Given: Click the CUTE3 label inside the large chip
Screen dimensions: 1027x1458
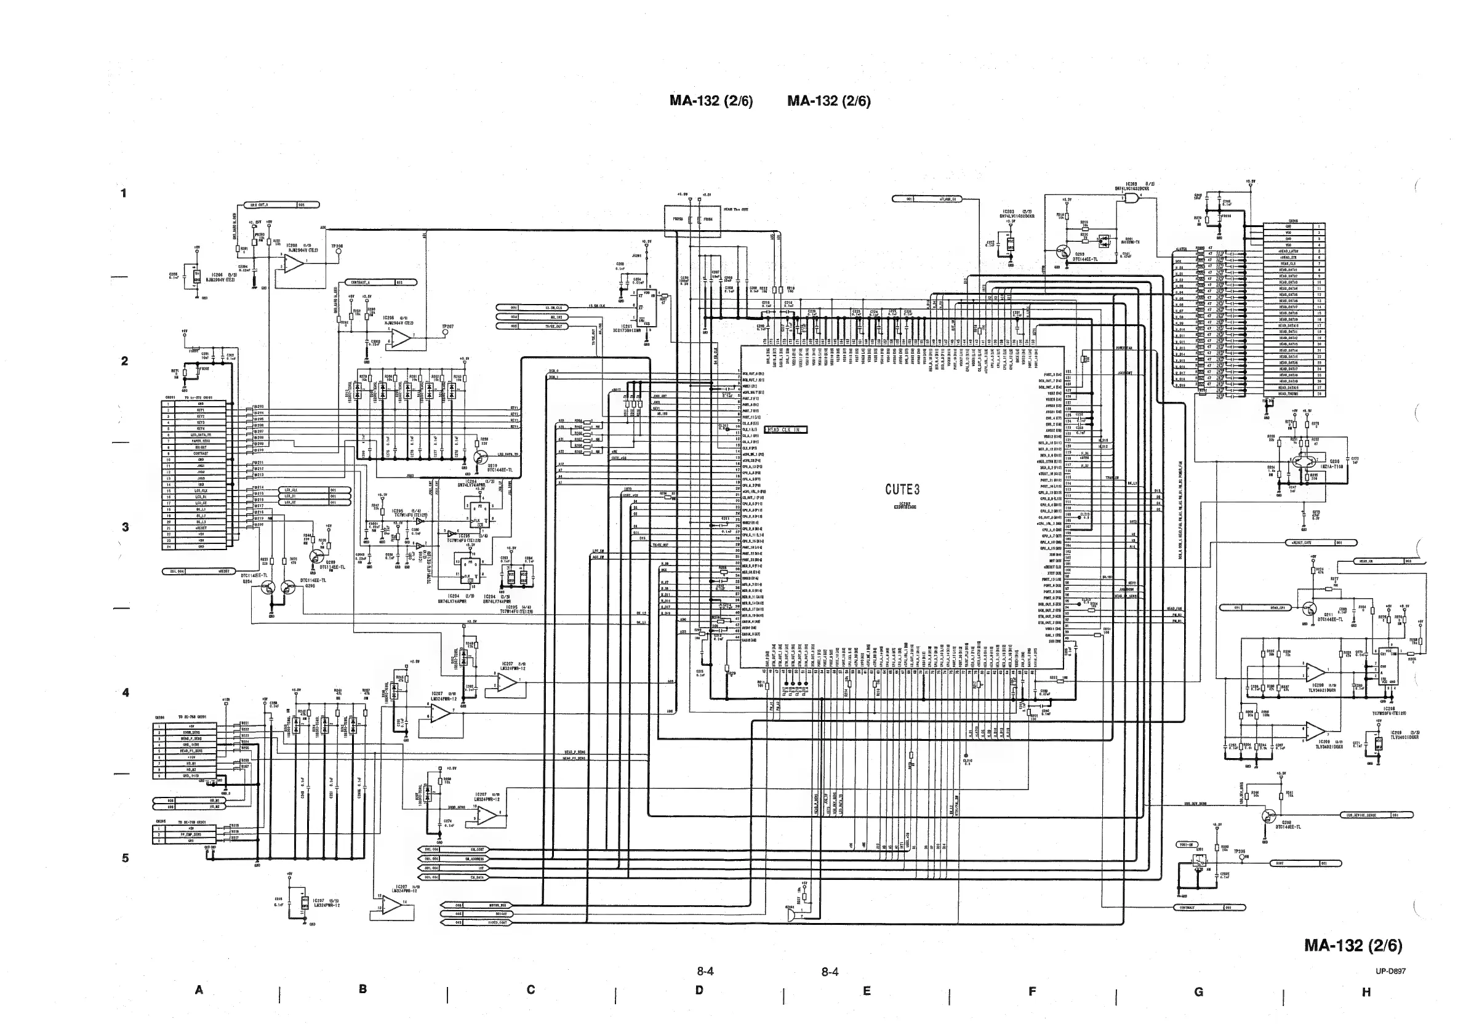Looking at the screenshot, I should click(902, 489).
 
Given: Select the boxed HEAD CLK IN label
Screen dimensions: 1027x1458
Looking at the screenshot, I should click(786, 430).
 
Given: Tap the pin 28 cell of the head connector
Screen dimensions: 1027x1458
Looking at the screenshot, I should click(1319, 394).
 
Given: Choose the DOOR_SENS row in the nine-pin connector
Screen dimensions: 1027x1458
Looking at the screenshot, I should click(191, 732).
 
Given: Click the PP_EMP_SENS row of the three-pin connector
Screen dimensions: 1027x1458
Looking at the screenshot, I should click(191, 834).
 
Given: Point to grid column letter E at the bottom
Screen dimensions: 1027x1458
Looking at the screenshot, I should click(866, 991).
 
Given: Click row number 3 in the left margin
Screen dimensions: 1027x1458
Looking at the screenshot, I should click(125, 527).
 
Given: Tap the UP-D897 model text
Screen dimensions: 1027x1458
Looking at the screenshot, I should click(1391, 971).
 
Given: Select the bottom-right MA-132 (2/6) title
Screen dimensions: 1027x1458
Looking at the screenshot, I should click(1353, 945).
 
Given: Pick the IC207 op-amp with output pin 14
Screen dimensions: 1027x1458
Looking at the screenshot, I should click(394, 906).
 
